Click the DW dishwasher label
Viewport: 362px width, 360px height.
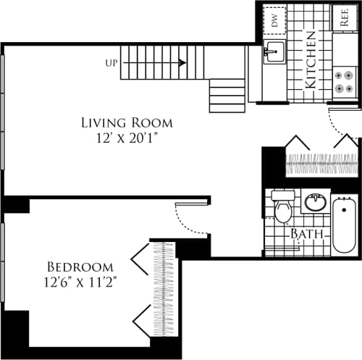coord(275,20)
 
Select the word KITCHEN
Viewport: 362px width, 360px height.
coord(309,59)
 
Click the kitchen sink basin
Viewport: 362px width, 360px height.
coord(274,53)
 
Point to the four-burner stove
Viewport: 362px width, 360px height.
coord(345,81)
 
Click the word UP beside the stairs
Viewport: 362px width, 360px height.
coord(111,63)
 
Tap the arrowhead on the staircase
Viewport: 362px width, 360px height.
coord(182,63)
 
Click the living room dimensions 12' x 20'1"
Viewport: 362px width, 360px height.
coord(119,138)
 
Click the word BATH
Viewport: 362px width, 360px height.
coord(306,235)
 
